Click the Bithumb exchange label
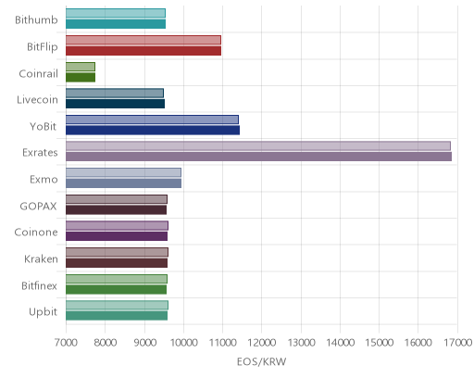click(x=36, y=19)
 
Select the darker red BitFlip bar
click(x=143, y=51)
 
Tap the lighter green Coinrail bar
click(x=81, y=67)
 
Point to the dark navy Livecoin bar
click(x=115, y=104)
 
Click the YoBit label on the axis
click(x=44, y=127)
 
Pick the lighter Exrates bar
click(x=258, y=146)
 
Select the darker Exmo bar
click(x=123, y=183)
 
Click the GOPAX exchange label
click(x=38, y=206)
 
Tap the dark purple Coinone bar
click(x=117, y=236)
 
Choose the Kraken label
click(x=41, y=258)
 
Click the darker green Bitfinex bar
click(x=116, y=290)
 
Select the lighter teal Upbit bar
click(x=117, y=306)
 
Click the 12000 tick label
click(x=262, y=343)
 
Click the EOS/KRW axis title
click(x=261, y=361)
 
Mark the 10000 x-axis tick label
click(x=183, y=343)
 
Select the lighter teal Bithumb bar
click(x=116, y=13)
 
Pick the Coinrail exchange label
click(x=38, y=73)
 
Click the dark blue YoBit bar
click(x=153, y=131)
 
